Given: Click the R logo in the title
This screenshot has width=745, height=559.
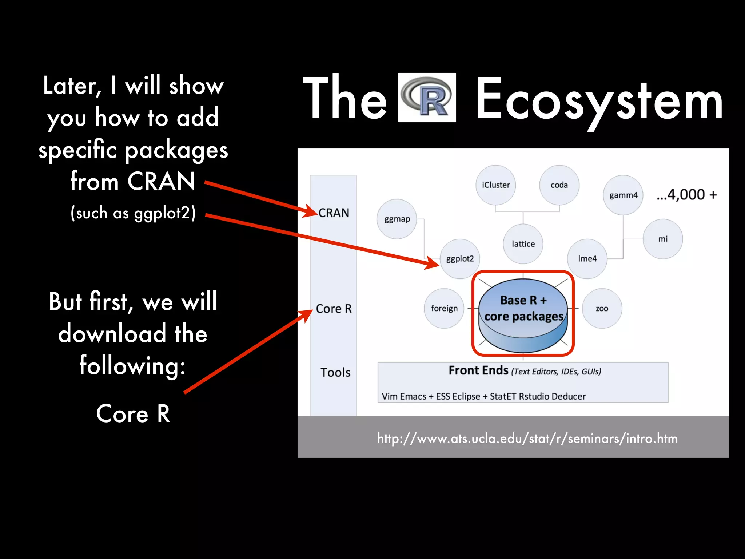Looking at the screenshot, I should (427, 98).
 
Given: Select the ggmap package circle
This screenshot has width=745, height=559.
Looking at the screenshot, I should (397, 219).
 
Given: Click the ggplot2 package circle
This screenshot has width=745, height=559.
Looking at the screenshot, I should (460, 259).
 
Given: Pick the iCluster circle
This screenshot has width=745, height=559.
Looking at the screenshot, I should (496, 185).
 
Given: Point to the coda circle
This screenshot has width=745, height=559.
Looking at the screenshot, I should (559, 185).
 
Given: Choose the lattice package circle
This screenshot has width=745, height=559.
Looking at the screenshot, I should (523, 244).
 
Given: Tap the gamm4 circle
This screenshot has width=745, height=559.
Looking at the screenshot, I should (623, 195).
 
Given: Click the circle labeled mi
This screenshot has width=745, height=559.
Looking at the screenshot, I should (663, 239).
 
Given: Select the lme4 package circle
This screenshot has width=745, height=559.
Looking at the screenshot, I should (587, 259).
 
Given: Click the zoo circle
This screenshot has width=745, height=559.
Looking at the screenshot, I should (602, 309).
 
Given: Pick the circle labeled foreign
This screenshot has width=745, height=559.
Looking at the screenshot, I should (444, 309).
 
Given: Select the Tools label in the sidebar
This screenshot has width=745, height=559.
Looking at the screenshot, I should (335, 372).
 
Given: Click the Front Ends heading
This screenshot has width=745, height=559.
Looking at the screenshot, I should (478, 370).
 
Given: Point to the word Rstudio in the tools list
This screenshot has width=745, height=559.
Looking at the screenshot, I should (534, 396).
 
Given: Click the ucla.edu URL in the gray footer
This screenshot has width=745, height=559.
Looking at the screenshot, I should (527, 439).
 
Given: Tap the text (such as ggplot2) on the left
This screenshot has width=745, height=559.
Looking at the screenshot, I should (133, 213).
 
